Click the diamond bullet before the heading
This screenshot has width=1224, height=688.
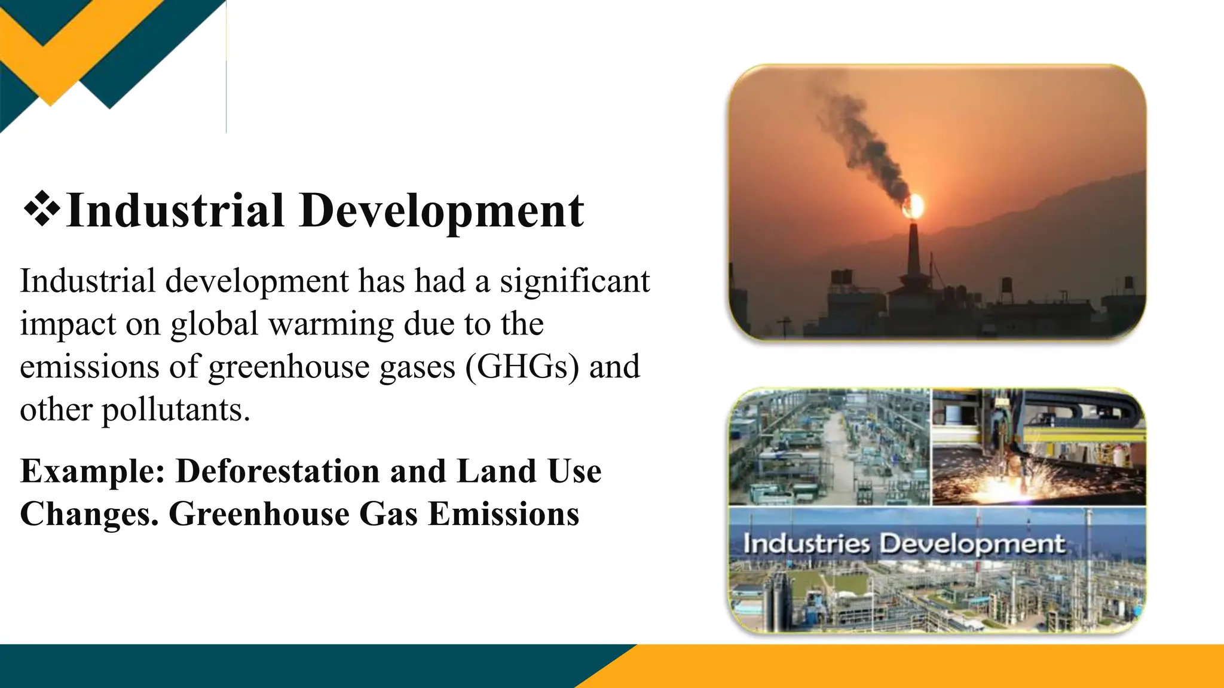[42, 210]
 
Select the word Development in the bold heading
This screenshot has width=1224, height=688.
[442, 211]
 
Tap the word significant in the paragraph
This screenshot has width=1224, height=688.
[574, 281]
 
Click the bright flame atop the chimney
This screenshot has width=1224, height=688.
[914, 207]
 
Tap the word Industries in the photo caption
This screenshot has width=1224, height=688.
[806, 544]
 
